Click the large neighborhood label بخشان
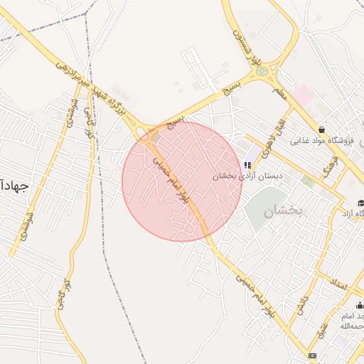click(x=283, y=211)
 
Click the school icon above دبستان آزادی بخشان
click(x=248, y=165)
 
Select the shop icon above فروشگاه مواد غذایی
click(x=322, y=129)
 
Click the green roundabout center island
click(x=262, y=71)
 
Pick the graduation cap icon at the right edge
click(x=360, y=203)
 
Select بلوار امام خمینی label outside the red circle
click(x=253, y=291)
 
